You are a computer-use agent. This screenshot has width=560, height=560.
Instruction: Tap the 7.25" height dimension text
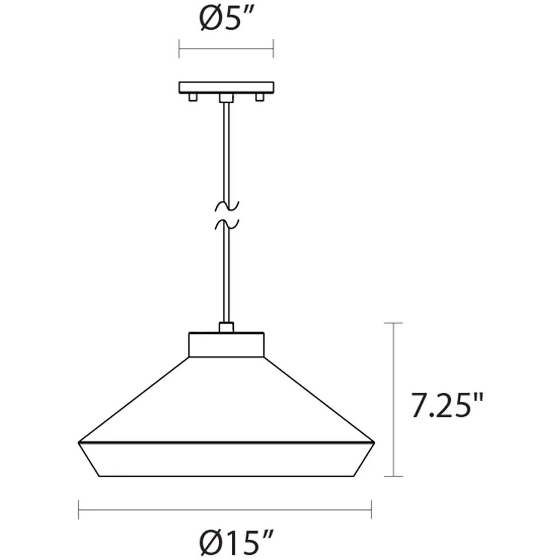[x=447, y=405]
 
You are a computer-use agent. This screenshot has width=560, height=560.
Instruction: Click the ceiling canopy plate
[x=226, y=87]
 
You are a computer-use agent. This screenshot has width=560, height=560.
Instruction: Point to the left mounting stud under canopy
[x=192, y=97]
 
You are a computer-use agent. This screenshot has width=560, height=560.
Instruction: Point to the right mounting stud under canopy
[x=260, y=97]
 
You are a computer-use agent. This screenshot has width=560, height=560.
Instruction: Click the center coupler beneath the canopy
[x=226, y=98]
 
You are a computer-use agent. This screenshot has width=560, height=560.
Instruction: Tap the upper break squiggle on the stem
[x=227, y=206]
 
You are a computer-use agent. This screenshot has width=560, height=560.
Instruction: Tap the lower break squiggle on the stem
[x=227, y=224]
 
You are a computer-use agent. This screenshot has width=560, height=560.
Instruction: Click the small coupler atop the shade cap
[x=226, y=327]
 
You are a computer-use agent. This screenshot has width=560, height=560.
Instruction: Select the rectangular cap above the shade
[x=226, y=345]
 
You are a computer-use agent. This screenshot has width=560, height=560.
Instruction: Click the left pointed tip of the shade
[x=79, y=443]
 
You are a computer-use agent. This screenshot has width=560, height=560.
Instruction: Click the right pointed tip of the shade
[x=374, y=443]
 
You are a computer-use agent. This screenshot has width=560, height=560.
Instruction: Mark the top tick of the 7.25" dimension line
[x=393, y=323]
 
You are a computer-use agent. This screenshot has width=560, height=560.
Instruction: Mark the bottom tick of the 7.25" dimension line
[x=393, y=476]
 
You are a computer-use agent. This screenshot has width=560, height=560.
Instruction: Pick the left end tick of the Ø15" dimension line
[x=79, y=510]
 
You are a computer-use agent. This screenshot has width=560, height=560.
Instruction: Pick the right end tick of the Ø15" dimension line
[x=371, y=510]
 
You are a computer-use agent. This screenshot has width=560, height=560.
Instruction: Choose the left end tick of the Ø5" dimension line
[x=179, y=48]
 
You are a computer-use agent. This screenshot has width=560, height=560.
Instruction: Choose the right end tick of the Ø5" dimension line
[x=273, y=48]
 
